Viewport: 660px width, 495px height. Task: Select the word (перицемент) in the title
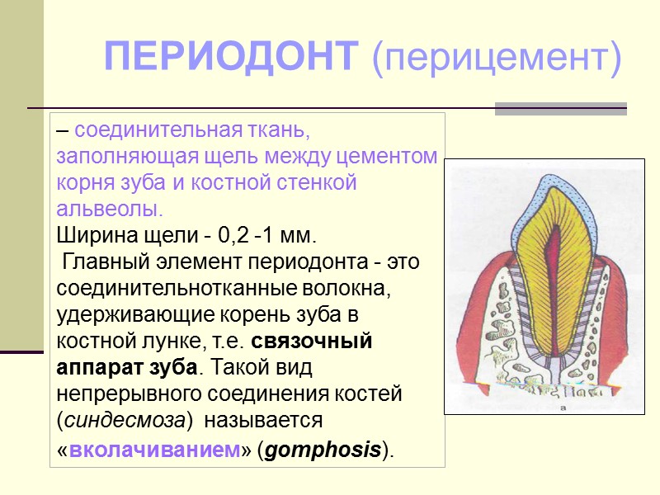[x=496, y=58]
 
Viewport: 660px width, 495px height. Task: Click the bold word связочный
[x=311, y=341]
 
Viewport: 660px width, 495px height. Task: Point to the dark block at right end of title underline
[x=560, y=108]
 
